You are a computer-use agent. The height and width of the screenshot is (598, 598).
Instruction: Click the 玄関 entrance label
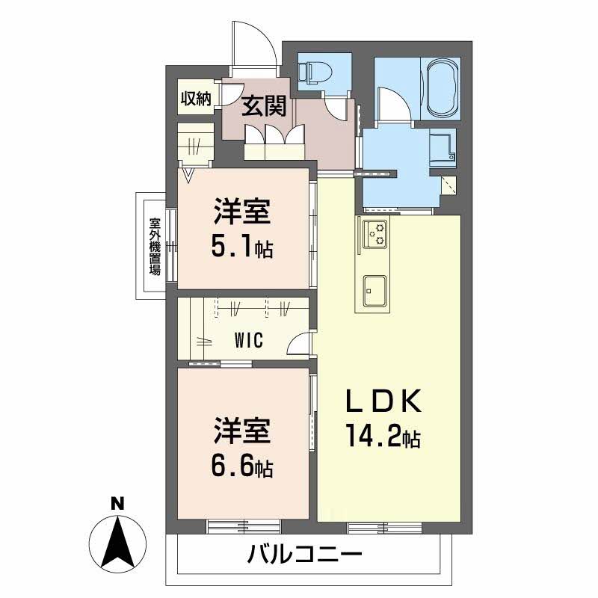pos(264,107)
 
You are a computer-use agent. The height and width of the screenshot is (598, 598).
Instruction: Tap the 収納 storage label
pos(196,98)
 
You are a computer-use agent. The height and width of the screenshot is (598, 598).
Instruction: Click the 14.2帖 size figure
pos(381,436)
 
